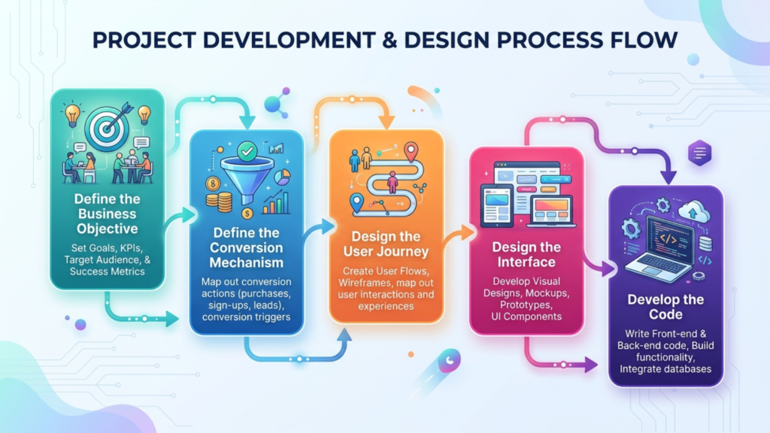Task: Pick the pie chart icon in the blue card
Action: [283, 177]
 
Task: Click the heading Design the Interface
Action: [526, 254]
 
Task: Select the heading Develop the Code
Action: [665, 307]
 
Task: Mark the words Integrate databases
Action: [665, 369]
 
